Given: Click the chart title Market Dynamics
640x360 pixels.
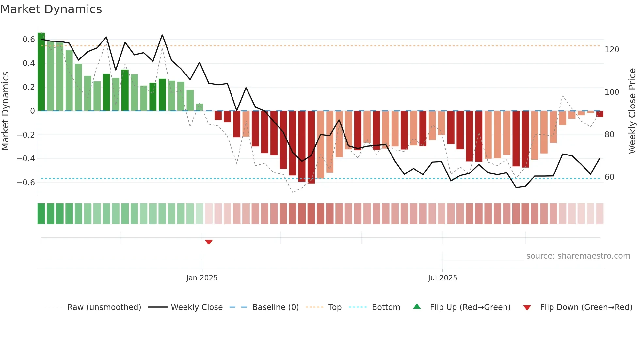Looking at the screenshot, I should click(51, 9).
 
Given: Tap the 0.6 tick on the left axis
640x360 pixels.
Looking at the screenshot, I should click(29, 40).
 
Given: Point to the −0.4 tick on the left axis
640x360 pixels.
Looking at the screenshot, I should click(26, 159).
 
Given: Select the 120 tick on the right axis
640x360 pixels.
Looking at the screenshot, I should click(612, 50).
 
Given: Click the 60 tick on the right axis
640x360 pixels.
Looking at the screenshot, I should click(609, 177).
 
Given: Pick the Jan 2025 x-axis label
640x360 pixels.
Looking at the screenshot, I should click(202, 278).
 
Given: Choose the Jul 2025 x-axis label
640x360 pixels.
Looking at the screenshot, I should click(442, 278).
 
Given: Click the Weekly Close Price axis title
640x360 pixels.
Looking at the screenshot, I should click(632, 111).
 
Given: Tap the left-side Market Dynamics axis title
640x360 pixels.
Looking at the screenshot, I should click(5, 111).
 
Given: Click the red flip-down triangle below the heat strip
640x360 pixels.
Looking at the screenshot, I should click(209, 242).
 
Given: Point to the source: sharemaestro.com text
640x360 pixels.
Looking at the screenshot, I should click(578, 256).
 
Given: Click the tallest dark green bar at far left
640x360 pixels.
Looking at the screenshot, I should click(41, 72).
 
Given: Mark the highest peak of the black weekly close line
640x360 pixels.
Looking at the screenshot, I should click(162, 35).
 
